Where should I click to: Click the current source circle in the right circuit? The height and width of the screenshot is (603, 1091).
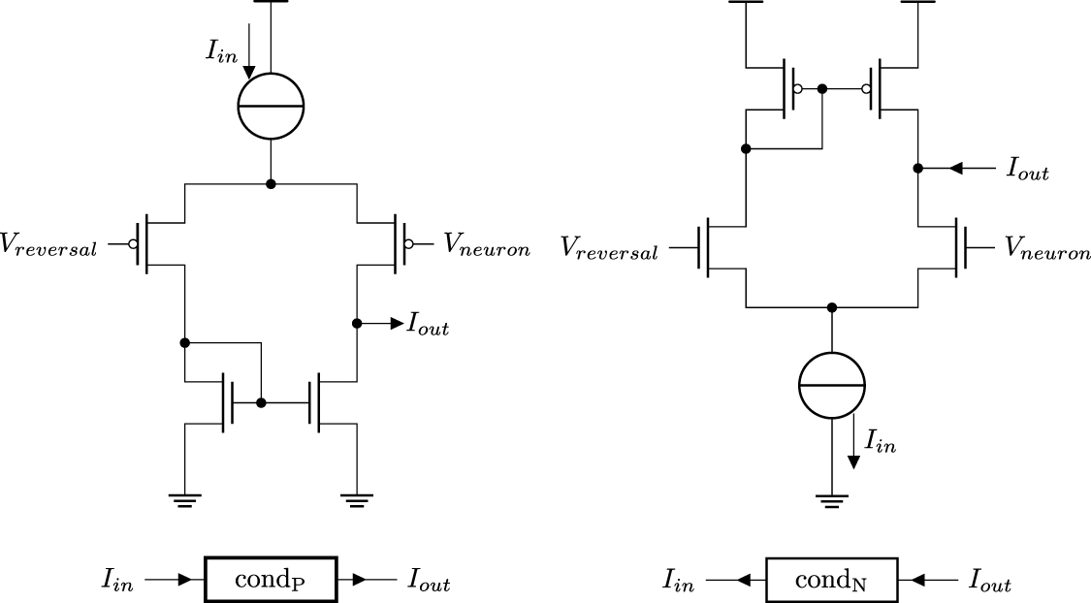tap(831, 385)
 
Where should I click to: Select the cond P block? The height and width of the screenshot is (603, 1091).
tap(271, 581)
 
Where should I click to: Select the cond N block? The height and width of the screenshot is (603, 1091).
tap(831, 581)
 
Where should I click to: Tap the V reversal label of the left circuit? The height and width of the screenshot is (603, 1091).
tap(48, 247)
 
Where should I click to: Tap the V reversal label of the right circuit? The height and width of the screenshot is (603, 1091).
tap(610, 249)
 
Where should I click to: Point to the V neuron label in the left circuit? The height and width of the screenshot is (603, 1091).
tap(487, 246)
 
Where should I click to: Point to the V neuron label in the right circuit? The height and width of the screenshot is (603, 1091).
tap(1047, 249)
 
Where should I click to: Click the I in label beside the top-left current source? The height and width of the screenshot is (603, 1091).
tap(219, 51)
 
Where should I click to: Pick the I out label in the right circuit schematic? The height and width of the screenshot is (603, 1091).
tap(1028, 172)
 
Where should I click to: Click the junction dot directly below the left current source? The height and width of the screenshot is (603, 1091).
tap(271, 183)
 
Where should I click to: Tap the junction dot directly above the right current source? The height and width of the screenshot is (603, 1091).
tap(831, 308)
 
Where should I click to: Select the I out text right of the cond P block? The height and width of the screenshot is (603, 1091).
tap(428, 583)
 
